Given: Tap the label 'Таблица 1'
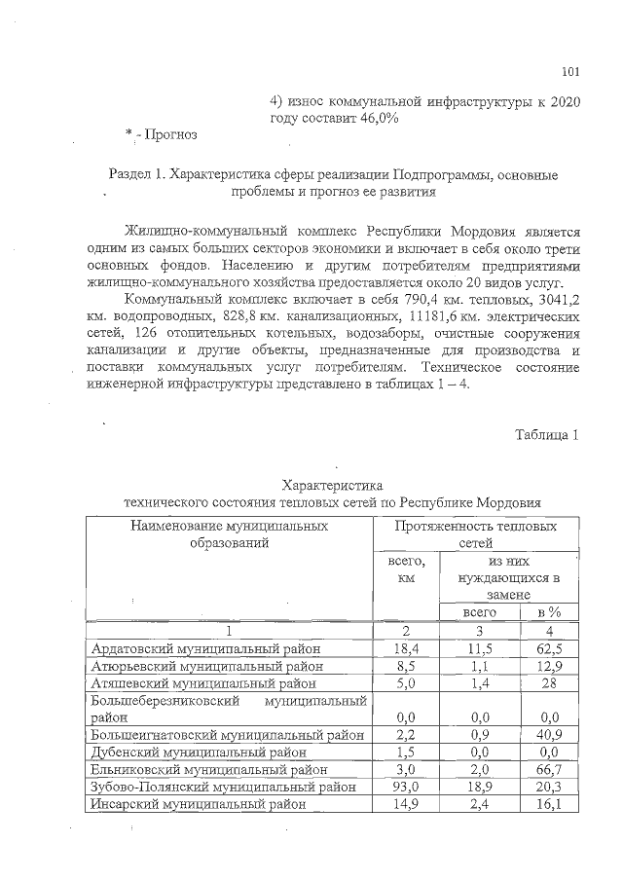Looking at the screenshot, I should tap(547, 434).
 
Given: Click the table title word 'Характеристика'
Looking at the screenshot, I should tap(332, 485).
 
